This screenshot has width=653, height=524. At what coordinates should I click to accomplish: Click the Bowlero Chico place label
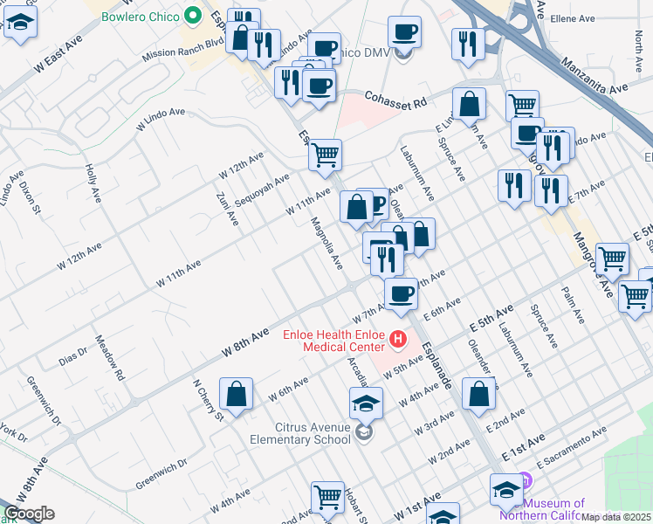140,17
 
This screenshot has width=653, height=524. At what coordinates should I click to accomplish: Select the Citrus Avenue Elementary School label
301,433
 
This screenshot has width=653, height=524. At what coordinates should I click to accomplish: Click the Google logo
29,514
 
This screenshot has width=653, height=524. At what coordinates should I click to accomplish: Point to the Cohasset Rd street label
395,101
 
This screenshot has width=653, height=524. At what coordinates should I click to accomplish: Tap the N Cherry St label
208,399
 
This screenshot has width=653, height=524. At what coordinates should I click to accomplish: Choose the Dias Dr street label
72,355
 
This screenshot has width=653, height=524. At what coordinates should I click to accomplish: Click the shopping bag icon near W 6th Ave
237,395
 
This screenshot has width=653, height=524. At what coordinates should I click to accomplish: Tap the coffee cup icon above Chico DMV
404,32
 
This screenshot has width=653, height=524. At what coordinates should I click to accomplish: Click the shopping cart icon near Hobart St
328,497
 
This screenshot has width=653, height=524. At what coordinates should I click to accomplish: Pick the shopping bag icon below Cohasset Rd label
470,104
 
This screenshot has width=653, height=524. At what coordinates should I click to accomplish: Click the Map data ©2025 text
615,517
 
